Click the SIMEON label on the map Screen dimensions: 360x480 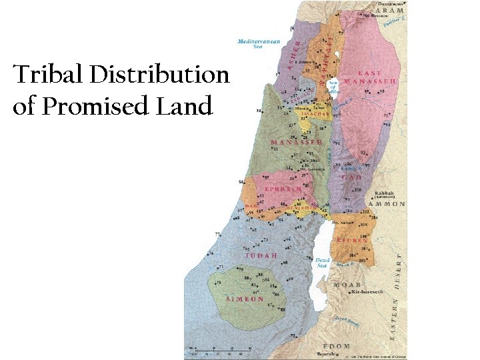[245, 299]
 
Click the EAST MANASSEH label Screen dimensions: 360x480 [378, 77]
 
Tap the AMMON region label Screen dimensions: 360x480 [389, 204]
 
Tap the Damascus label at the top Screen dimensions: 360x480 [390, 3]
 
